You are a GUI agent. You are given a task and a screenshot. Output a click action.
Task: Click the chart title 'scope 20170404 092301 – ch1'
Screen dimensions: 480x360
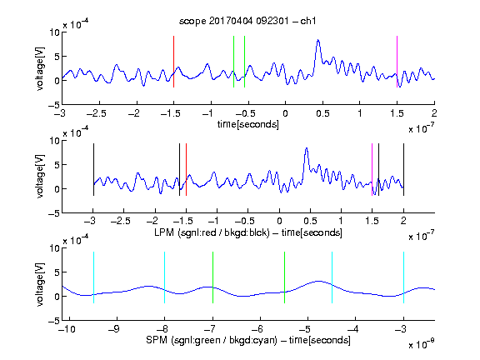(247, 21)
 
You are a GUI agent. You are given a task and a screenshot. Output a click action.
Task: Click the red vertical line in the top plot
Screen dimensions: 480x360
(173, 62)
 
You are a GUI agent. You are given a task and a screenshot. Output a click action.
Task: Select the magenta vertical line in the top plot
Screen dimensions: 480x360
(397, 62)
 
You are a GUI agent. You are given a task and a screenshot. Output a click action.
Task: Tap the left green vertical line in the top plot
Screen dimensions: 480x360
(233, 62)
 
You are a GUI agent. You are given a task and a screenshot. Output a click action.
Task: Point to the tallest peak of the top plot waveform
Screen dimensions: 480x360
(318, 40)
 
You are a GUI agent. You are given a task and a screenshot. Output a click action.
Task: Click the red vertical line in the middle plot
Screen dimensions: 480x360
(186, 169)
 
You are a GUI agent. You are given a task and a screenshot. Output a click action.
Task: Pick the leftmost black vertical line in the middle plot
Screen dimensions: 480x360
(93, 169)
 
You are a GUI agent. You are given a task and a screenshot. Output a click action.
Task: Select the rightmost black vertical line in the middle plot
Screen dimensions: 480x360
(404, 169)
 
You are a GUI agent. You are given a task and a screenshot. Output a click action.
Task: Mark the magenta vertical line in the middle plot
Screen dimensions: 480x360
(372, 169)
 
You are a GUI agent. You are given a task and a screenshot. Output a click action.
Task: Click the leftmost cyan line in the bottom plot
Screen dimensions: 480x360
(93, 277)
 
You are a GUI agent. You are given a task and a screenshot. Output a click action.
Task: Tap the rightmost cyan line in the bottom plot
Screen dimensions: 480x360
(404, 277)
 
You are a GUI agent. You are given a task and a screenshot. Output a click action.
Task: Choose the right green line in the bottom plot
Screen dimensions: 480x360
(285, 277)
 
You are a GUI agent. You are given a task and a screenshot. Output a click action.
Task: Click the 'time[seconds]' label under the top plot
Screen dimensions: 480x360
(248, 124)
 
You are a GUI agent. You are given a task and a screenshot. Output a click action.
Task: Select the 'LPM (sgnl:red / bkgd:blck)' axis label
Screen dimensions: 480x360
(212, 232)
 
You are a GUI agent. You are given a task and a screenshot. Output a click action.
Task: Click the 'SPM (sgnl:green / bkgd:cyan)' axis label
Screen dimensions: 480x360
(212, 340)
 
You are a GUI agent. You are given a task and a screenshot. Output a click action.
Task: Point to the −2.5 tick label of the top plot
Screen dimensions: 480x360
(96, 113)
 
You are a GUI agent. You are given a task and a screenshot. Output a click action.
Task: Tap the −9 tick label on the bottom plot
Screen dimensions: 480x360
(114, 329)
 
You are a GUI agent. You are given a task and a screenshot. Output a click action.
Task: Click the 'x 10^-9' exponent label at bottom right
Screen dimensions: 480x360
(421, 344)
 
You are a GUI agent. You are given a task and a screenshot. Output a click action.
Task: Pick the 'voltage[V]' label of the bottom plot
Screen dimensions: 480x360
(40, 284)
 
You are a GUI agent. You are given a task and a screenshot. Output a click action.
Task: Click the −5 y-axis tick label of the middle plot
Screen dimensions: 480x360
(54, 213)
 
